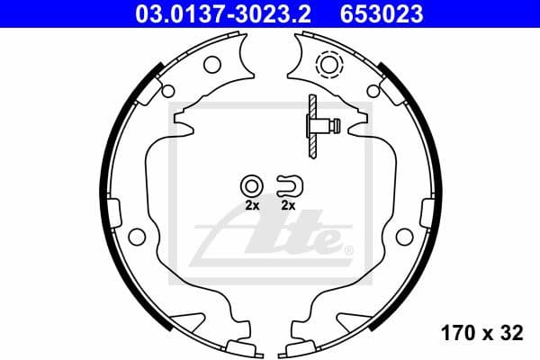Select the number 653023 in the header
tap(380, 13)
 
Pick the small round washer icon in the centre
tap(251, 186)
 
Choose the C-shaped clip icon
tap(291, 185)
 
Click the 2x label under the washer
tap(251, 206)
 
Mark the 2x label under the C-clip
tap(289, 206)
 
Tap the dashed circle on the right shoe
tap(328, 65)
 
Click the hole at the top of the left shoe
tap(212, 65)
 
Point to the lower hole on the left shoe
tap(137, 237)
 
